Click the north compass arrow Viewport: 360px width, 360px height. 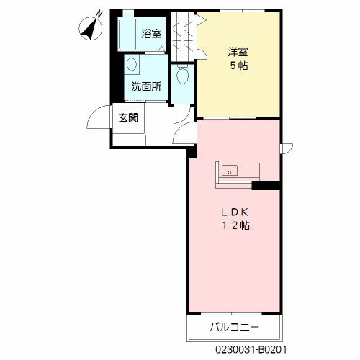pos(90,27)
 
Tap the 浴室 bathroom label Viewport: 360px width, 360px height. pos(151,33)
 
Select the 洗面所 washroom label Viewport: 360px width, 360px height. pos(146,86)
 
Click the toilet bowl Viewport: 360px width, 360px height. pos(182,73)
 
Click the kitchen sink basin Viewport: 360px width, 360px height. pos(230,171)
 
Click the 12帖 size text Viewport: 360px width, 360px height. pos(235,225)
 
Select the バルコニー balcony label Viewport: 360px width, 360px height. pos(234,328)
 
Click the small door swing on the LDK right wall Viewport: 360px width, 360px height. pos(286,148)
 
